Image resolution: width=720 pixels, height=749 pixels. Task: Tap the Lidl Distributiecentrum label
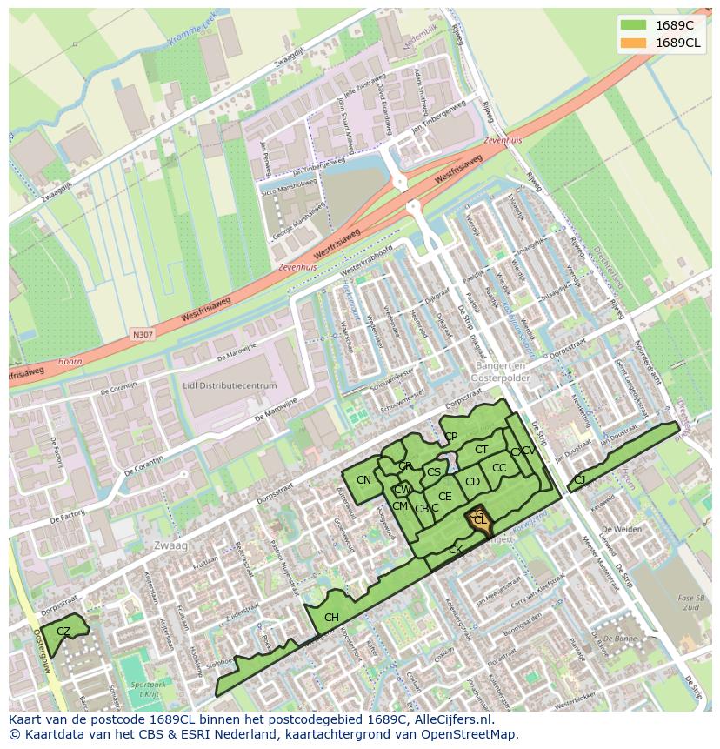point(230,385)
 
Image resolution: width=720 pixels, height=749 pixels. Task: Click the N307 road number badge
point(142,334)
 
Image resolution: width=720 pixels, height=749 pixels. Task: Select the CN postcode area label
point(363,480)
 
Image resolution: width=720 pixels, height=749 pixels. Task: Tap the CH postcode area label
point(331,618)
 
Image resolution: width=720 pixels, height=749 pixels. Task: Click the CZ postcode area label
point(63,631)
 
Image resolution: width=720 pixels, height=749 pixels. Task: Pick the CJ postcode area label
point(579,479)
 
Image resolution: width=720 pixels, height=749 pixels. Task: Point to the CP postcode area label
point(450,437)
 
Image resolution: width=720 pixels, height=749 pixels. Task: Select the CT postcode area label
point(481,450)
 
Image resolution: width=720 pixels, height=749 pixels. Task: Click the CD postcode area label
point(472,482)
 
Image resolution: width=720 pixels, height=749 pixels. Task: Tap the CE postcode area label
point(445,497)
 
